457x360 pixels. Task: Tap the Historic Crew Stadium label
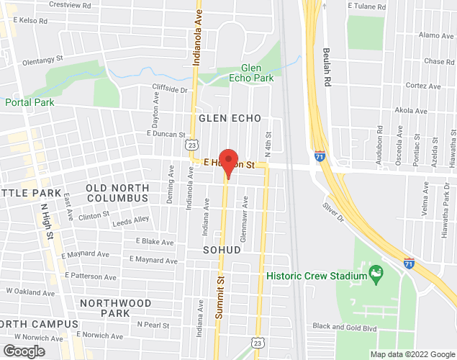[x=316, y=275]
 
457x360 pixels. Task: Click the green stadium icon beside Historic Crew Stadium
[x=375, y=274]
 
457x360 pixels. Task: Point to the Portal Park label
[x=30, y=102]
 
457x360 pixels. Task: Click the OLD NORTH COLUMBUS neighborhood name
[x=117, y=192]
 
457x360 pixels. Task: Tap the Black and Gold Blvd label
[x=345, y=326]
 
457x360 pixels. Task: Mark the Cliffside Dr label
[x=169, y=90]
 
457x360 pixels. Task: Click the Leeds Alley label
[x=131, y=223]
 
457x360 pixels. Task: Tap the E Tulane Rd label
[x=368, y=5]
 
